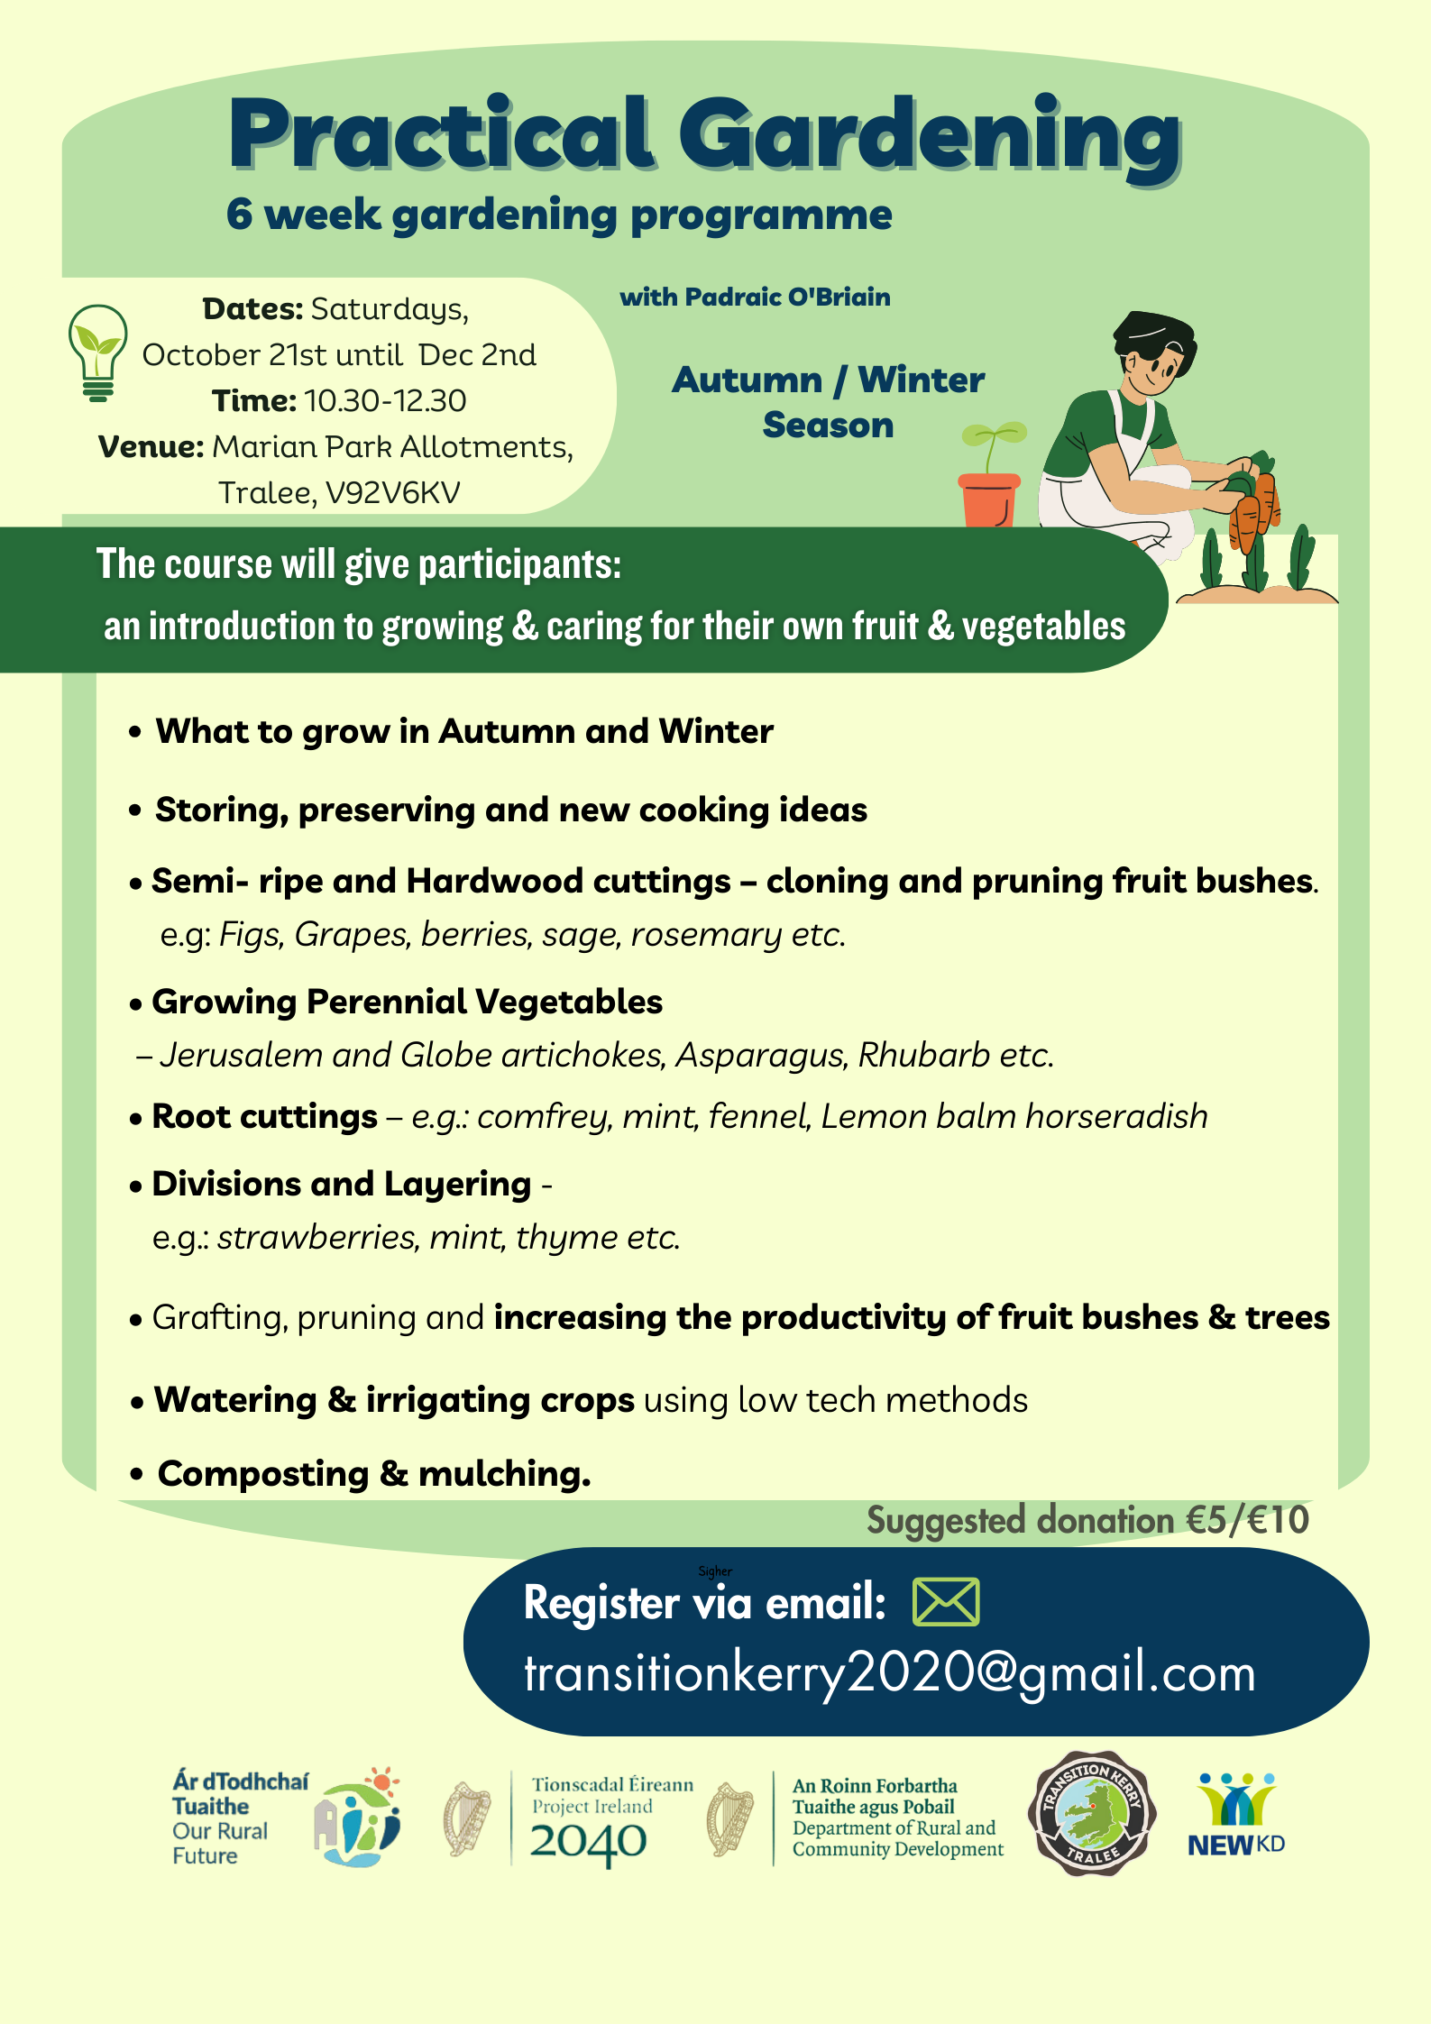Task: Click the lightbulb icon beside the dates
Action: [97, 353]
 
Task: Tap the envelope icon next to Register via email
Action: [946, 1602]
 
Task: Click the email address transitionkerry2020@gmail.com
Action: [890, 1673]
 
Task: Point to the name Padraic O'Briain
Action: [787, 297]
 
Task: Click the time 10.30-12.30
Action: [385, 400]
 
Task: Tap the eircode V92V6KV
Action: [392, 492]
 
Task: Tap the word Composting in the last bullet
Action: [263, 1474]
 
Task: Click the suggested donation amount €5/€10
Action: [1247, 1520]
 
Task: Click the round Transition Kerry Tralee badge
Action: [1092, 1813]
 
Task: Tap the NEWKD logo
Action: [1236, 1816]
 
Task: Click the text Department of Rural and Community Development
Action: [897, 1838]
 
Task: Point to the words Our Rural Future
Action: [220, 1844]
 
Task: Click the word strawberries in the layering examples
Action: [316, 1237]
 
